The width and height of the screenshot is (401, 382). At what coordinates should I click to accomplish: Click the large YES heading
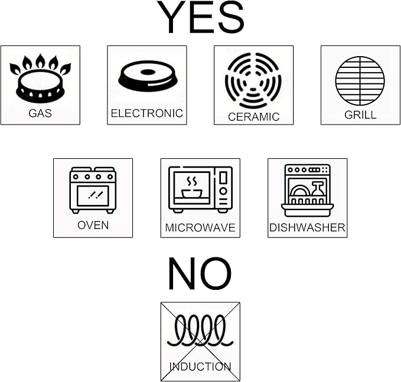(201, 17)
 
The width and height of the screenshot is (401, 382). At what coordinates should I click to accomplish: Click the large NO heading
(200, 273)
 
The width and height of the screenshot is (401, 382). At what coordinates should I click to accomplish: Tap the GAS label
(40, 113)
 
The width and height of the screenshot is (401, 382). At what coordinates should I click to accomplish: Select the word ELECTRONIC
(147, 113)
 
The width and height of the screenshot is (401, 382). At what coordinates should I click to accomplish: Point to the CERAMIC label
(253, 117)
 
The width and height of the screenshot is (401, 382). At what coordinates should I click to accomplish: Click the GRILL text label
(360, 115)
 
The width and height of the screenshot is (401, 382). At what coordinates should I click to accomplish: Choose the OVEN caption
(93, 226)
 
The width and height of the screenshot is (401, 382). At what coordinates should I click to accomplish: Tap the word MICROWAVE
(200, 227)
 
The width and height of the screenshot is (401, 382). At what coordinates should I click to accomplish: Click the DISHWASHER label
(308, 227)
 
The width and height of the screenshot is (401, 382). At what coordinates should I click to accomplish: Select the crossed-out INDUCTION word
(200, 367)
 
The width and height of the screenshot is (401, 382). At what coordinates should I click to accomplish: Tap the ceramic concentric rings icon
(253, 80)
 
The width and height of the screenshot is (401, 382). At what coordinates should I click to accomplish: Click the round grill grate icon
(360, 80)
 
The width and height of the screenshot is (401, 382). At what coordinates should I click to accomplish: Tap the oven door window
(93, 195)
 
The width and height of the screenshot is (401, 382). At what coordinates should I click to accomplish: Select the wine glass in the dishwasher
(317, 188)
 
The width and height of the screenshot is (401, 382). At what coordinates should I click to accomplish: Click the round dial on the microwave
(223, 191)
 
